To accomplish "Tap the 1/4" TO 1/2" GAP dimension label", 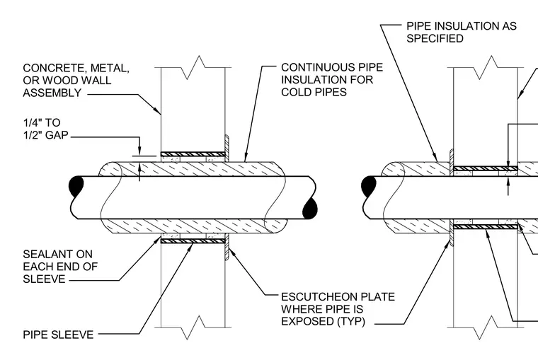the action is (45, 129).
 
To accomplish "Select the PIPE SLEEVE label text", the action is (58, 335).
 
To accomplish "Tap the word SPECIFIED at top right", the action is (435, 38).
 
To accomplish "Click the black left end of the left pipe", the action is (76, 186).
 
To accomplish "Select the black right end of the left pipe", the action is (310, 208).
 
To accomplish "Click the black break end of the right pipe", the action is (369, 186).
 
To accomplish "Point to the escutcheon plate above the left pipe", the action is (227, 147).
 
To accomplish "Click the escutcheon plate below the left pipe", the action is (227, 247).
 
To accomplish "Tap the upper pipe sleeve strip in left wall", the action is (193, 154).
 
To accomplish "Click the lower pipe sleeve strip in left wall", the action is (193, 241).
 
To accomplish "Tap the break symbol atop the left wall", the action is (193, 67).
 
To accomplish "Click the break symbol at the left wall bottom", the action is (193, 327).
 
